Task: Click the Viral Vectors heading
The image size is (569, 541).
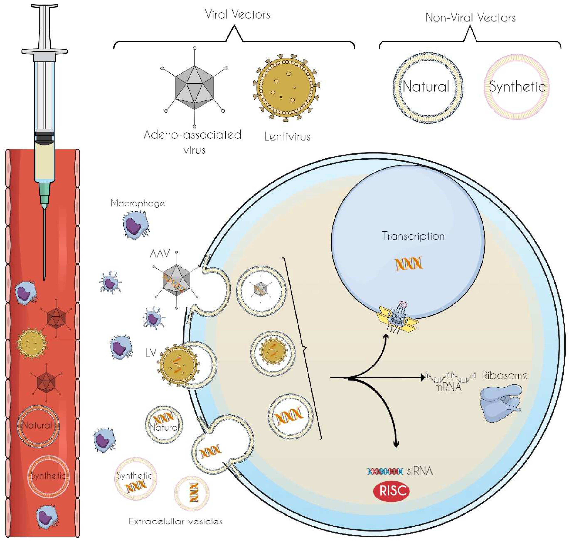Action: point(237,14)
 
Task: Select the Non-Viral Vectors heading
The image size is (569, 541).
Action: point(470,18)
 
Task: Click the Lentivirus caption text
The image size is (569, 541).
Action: point(287,136)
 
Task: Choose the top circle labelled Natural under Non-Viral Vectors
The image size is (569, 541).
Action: point(427,88)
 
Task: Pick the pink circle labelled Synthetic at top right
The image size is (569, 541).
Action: point(516,87)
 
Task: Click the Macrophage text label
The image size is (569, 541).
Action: point(137,203)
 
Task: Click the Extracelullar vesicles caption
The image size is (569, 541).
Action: point(176,521)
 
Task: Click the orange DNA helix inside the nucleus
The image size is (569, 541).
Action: point(409,263)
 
